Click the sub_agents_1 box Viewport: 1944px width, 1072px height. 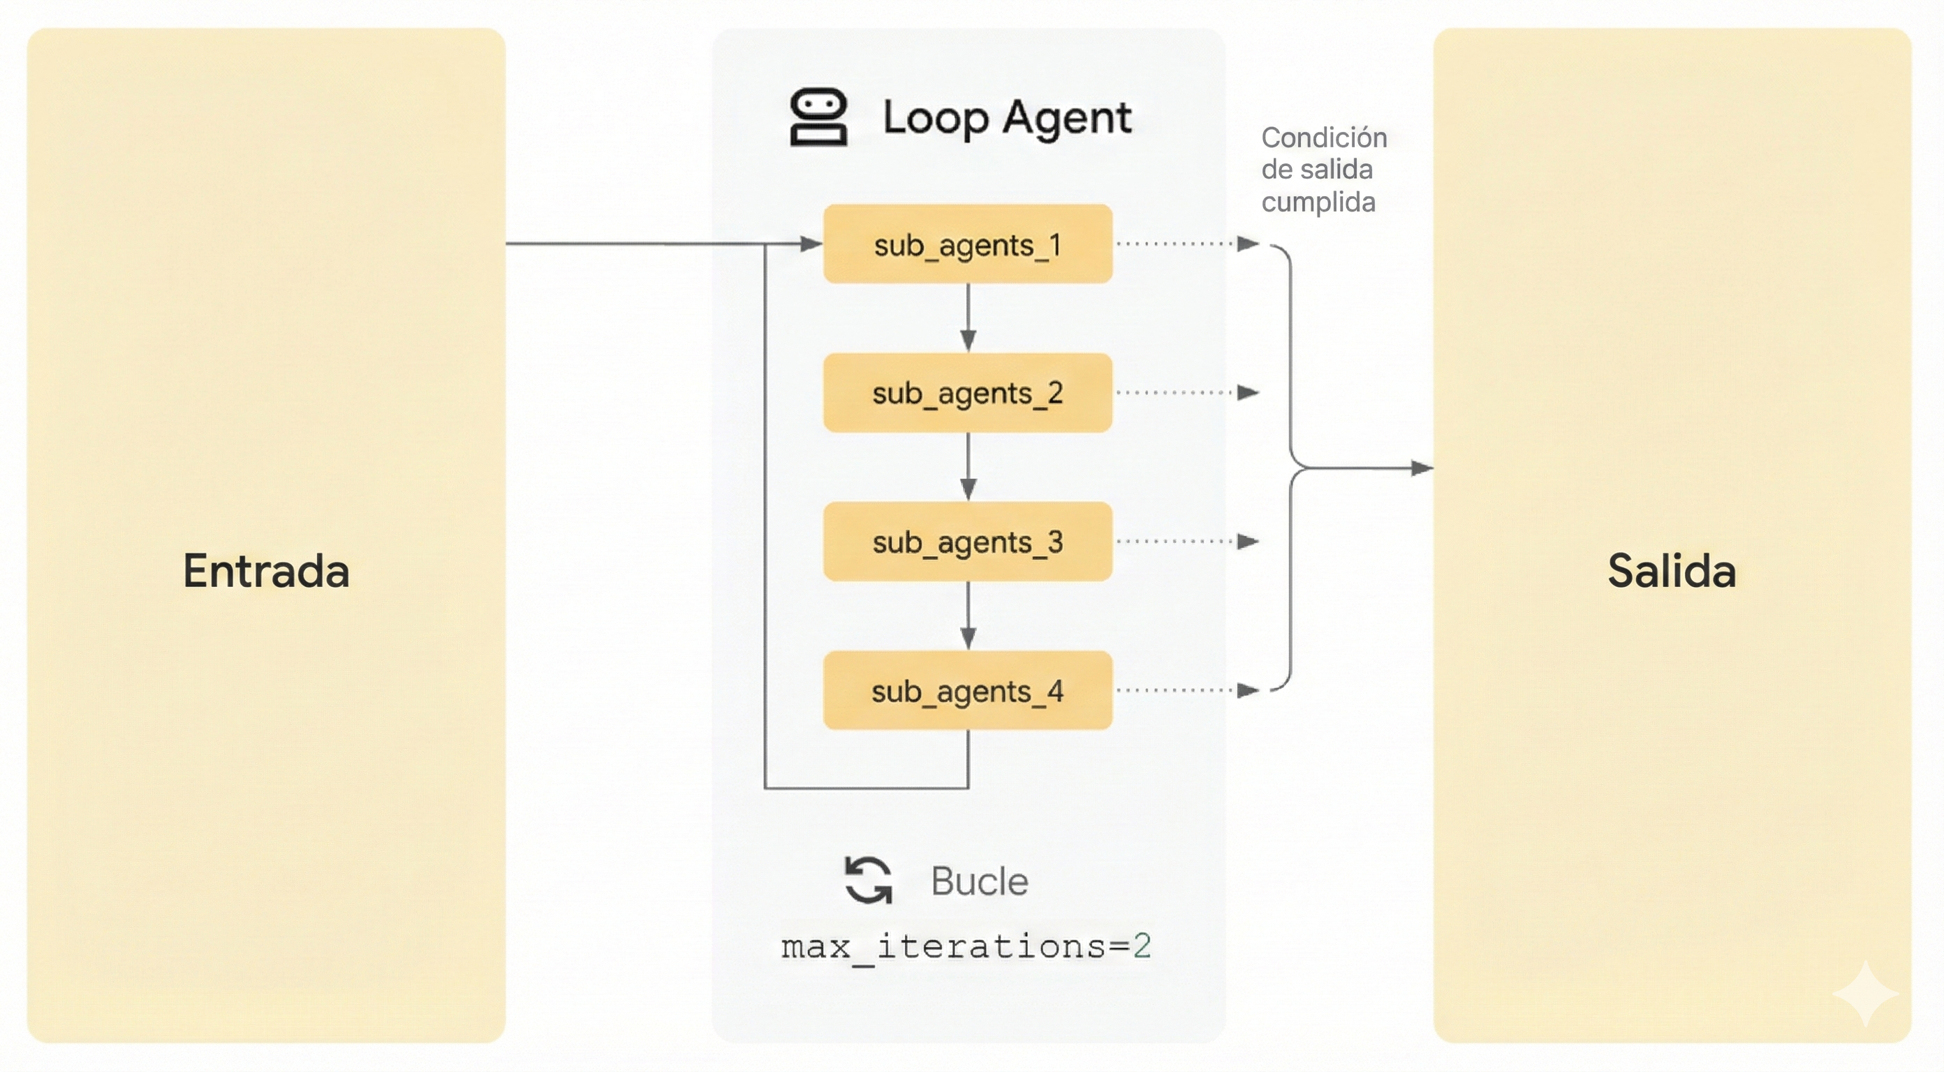coord(968,244)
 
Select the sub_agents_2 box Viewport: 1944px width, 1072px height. coord(968,392)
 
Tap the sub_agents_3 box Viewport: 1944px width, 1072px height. coord(968,542)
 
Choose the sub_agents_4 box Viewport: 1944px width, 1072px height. coord(968,690)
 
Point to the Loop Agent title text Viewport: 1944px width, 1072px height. coord(1007,118)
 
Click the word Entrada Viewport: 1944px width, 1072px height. coord(267,570)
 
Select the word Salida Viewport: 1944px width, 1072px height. coord(1672,570)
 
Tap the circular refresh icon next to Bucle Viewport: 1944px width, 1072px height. coord(868,879)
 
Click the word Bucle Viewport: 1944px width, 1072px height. coord(979,881)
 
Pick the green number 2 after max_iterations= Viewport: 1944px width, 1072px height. coord(1142,946)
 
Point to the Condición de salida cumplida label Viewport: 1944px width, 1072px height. coord(1324,170)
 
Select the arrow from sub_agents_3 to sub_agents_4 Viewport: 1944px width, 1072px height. coord(969,616)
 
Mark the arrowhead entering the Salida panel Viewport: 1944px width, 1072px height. coord(1422,468)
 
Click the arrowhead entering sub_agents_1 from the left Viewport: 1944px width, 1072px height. coord(811,244)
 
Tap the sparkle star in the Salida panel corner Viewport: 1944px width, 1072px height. coord(1865,994)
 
